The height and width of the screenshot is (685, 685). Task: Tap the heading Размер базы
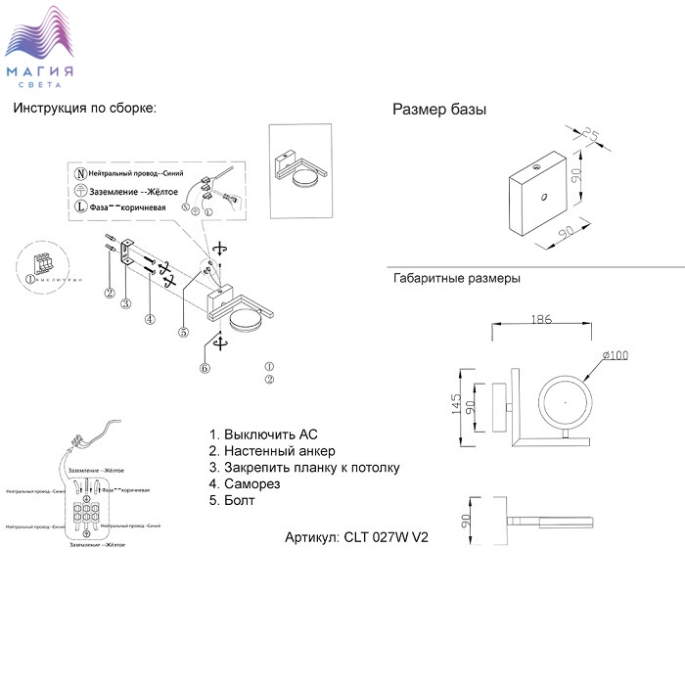pos(439,110)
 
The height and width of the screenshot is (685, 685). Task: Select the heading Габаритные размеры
pos(456,278)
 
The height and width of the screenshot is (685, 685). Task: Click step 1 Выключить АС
pos(263,434)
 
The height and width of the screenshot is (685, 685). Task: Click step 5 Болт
pos(232,501)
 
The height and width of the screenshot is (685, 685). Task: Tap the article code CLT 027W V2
pos(357,537)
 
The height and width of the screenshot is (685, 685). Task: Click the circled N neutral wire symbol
pos(80,171)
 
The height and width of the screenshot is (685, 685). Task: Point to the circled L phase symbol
pos(80,207)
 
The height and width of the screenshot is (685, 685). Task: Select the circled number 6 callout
pos(205,369)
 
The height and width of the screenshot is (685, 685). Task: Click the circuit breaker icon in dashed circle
pos(43,264)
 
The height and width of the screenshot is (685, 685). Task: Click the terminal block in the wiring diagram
pos(88,512)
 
